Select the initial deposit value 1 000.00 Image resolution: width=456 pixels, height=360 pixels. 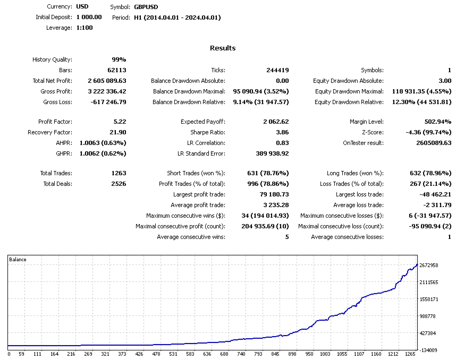[89, 18]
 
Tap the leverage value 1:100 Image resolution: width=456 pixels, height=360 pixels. [85, 28]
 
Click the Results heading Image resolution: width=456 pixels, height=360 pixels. [223, 48]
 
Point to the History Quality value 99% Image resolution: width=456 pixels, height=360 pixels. [119, 60]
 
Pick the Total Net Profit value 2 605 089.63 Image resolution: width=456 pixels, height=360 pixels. [107, 81]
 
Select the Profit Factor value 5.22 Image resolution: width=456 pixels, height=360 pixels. [120, 122]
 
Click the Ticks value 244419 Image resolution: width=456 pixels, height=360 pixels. [277, 70]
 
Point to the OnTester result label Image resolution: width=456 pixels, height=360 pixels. [363, 143]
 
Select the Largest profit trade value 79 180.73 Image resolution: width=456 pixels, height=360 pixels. [271, 194]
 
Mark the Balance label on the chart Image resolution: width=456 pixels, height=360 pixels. [18, 260]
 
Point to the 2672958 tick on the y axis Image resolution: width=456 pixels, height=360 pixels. [428, 265]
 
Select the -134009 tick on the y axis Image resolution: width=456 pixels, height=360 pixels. [428, 350]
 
